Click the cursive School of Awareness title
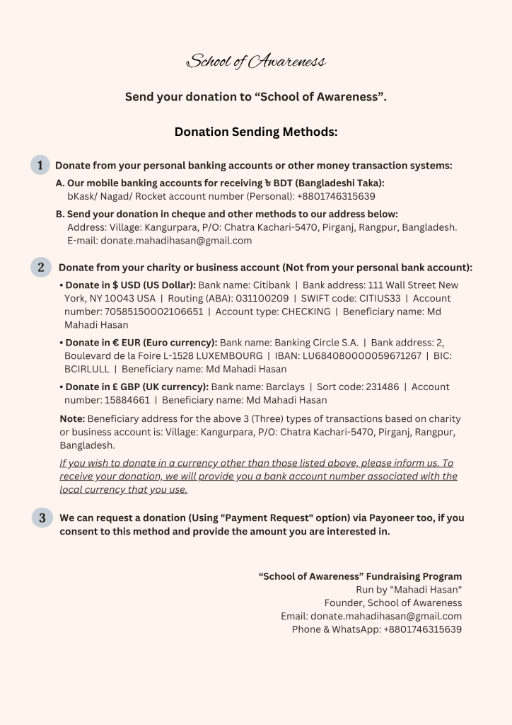coord(255,62)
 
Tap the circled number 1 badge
coord(40,165)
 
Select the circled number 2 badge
coord(41,267)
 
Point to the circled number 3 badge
coord(42,518)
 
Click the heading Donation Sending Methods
coord(255,132)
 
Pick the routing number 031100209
coord(261,298)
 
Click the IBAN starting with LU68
coord(361,355)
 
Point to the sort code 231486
coord(376,387)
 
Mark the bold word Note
coord(72,419)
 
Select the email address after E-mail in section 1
coord(176,241)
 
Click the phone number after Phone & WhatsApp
coord(422,629)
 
